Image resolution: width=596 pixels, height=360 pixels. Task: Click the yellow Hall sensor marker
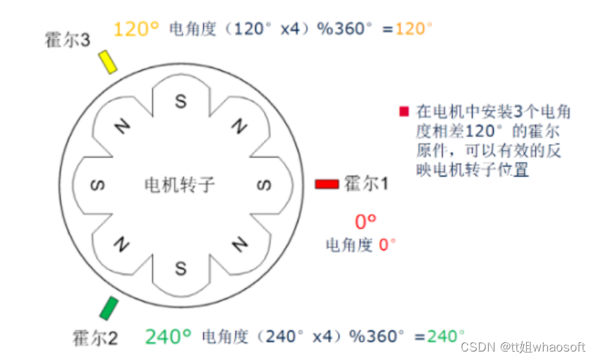pyautogui.click(x=108, y=61)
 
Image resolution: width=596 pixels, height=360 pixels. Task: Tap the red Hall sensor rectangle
pyautogui.click(x=327, y=184)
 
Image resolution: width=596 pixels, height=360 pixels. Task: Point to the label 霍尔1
pyautogui.click(x=367, y=184)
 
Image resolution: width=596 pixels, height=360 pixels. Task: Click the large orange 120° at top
pyautogui.click(x=137, y=29)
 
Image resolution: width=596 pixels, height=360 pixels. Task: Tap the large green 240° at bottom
pyautogui.click(x=169, y=336)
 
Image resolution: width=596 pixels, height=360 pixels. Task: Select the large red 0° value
pyautogui.click(x=364, y=222)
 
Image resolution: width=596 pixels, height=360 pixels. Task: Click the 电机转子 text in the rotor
pyautogui.click(x=179, y=185)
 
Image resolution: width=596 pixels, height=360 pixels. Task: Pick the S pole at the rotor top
pyautogui.click(x=181, y=102)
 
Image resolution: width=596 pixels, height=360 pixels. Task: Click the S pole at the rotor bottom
pyautogui.click(x=181, y=269)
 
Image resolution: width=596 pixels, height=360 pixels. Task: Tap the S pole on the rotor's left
pyautogui.click(x=97, y=186)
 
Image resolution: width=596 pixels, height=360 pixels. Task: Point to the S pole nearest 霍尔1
pyautogui.click(x=264, y=186)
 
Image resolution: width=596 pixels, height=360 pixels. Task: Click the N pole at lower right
pyautogui.click(x=240, y=244)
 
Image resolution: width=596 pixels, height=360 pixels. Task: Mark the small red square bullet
pyautogui.click(x=404, y=111)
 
